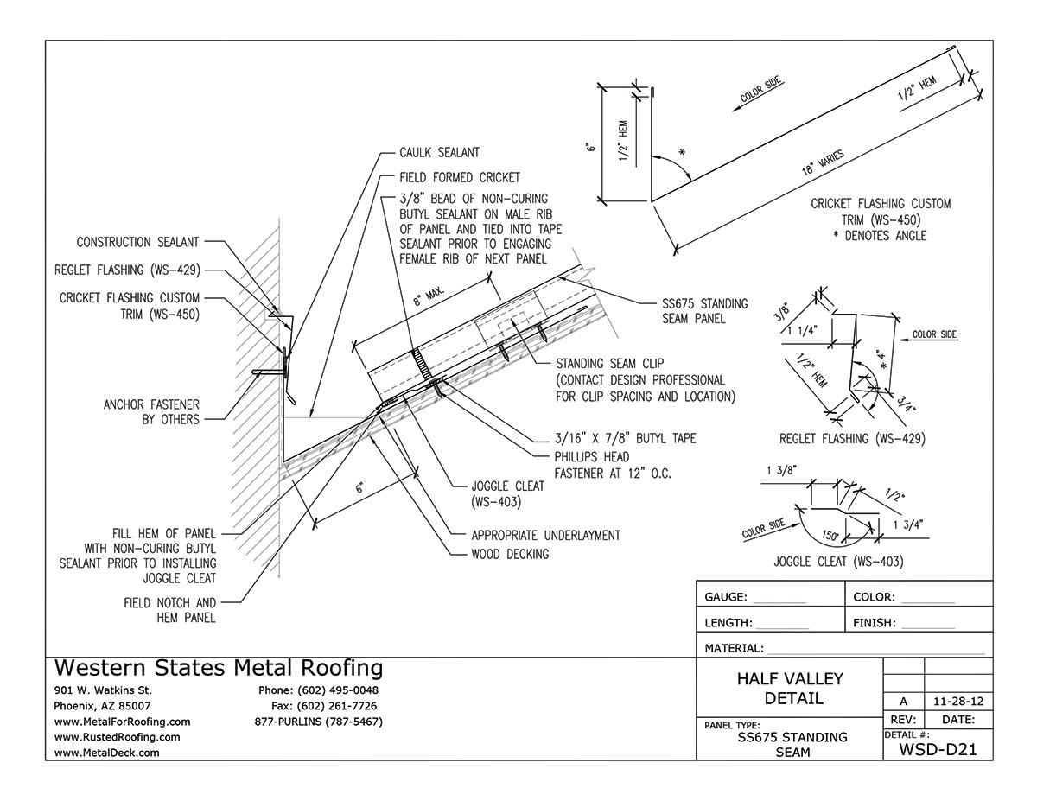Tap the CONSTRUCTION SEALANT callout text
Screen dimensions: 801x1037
click(x=138, y=243)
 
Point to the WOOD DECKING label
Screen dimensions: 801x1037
click(x=510, y=554)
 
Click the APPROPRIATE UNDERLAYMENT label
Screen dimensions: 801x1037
click(x=545, y=535)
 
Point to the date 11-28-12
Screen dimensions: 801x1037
click(x=958, y=700)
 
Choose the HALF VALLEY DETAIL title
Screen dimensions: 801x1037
click(x=790, y=689)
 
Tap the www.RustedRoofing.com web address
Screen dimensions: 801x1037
click(x=117, y=737)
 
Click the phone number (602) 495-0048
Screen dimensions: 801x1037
click(x=318, y=690)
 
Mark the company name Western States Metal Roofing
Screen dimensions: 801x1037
click(x=219, y=668)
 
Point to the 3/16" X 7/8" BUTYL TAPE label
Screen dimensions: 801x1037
click(x=613, y=439)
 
